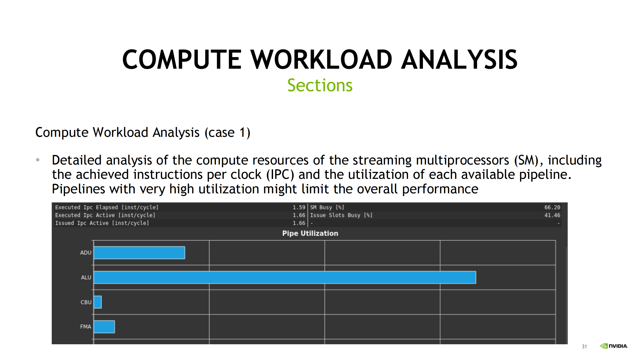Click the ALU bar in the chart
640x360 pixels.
pos(285,277)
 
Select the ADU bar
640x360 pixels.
pos(139,253)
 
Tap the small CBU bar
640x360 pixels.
pos(98,302)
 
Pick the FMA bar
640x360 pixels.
pos(104,327)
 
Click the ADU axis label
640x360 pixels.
pos(86,253)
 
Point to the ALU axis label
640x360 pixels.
pos(86,277)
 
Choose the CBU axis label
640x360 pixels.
pos(86,302)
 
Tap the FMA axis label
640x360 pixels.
pos(86,327)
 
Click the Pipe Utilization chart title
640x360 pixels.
pos(310,233)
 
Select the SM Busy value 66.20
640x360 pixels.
pos(552,207)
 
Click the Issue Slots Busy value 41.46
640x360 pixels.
pos(552,215)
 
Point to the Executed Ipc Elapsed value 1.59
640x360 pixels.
pos(299,207)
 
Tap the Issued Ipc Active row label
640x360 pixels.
pos(102,223)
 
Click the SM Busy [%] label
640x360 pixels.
pos(327,207)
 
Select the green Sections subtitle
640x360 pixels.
pos(320,85)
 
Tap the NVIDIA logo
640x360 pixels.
pos(614,346)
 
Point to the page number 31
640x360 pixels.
pos(584,346)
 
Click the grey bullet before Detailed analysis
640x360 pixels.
pos(38,160)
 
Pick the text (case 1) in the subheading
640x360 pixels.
pos(227,133)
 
